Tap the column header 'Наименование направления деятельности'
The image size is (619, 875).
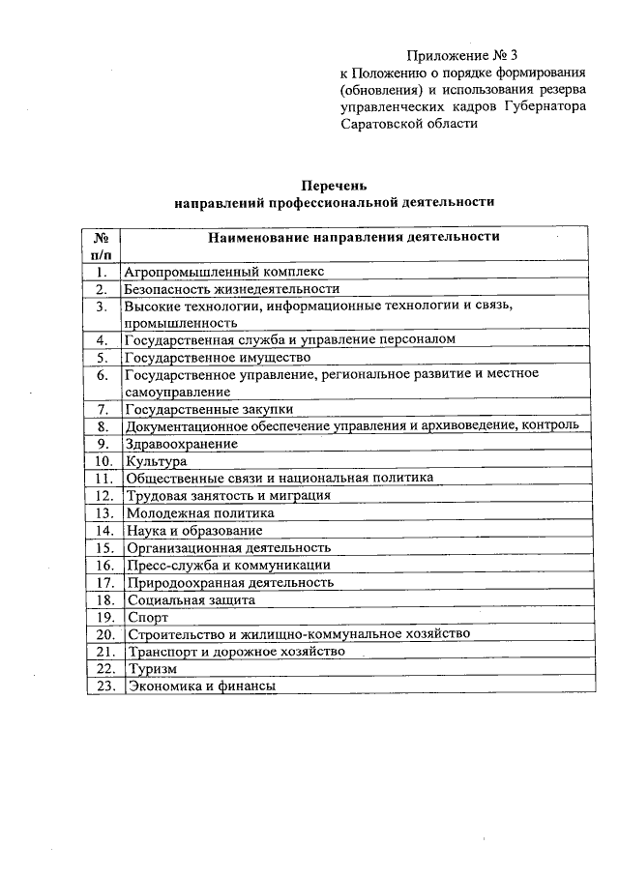pyautogui.click(x=353, y=236)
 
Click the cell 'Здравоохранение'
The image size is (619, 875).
pyautogui.click(x=181, y=443)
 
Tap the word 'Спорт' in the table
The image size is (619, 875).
pyautogui.click(x=147, y=617)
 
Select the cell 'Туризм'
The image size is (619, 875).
pyautogui.click(x=152, y=669)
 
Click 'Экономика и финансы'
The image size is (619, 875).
pyautogui.click(x=201, y=685)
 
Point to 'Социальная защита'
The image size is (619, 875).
pyautogui.click(x=190, y=599)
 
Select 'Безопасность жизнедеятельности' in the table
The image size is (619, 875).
pyautogui.click(x=231, y=288)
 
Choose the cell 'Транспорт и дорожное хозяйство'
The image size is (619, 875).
pyautogui.click(x=234, y=652)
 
